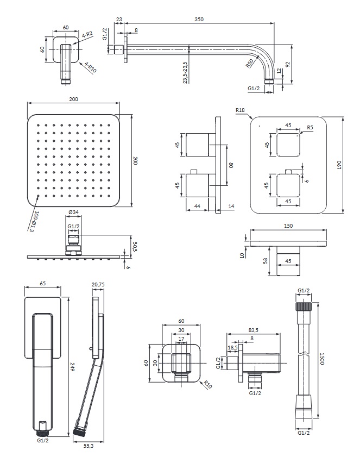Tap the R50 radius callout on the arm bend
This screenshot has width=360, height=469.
[x=250, y=62]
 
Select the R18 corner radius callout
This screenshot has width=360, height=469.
[x=241, y=110]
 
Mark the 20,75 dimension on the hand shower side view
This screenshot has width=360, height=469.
[x=98, y=284]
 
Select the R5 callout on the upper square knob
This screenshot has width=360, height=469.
[x=310, y=128]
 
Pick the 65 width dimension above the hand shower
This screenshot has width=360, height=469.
[x=43, y=284]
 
